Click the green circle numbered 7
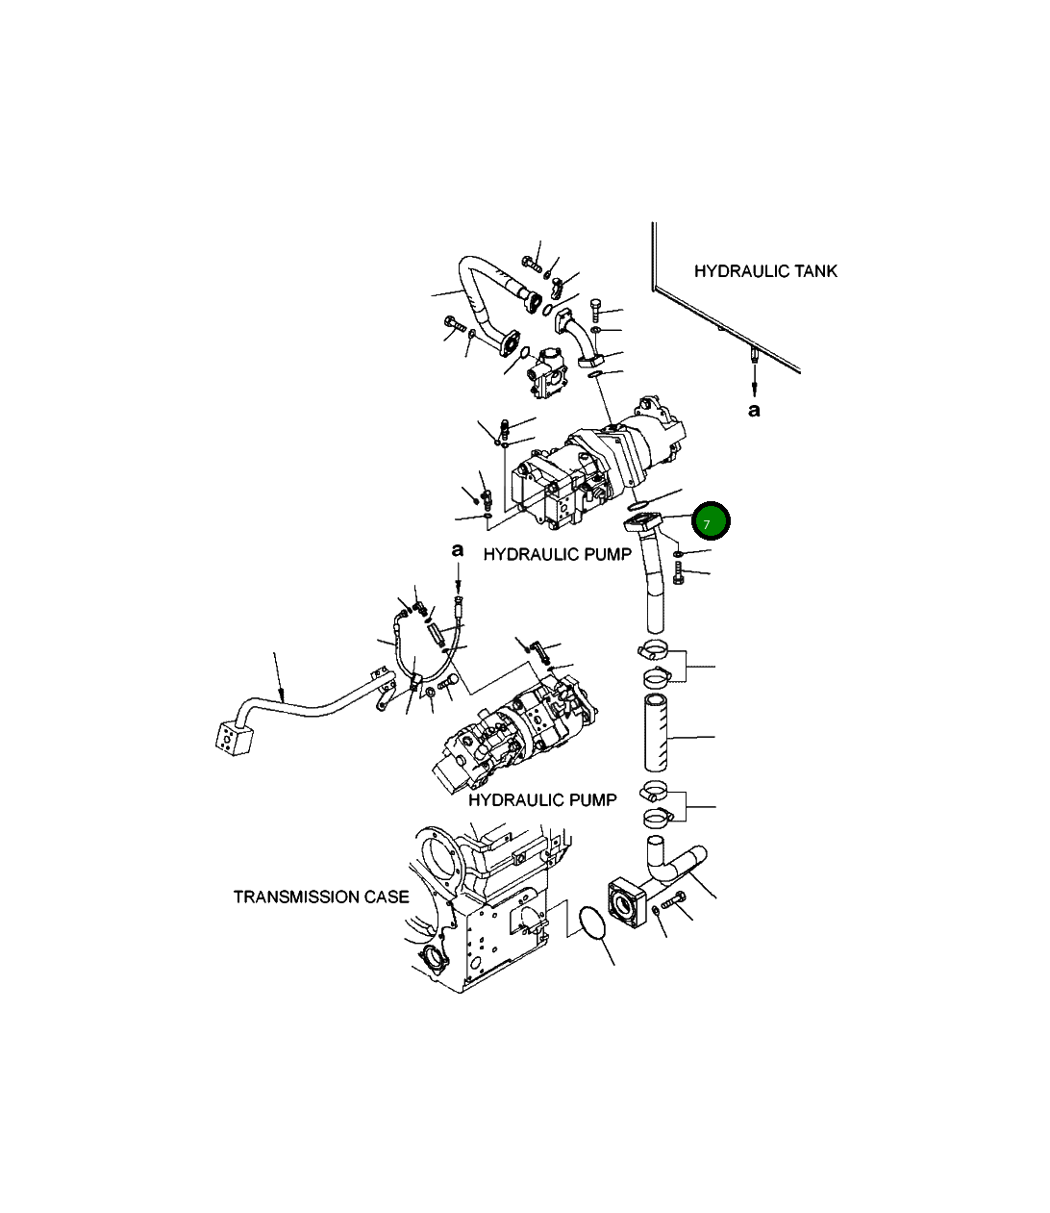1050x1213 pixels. tap(712, 522)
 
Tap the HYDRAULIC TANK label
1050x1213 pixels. tap(765, 271)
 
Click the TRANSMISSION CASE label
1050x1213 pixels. tap(321, 897)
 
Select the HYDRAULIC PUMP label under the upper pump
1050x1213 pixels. tap(557, 554)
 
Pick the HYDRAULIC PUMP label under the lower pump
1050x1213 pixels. tap(542, 799)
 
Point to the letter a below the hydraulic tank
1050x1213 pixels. tap(754, 410)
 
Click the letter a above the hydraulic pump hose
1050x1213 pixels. tap(458, 550)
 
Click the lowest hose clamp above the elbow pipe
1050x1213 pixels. tap(658, 819)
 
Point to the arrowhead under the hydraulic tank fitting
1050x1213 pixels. tap(754, 389)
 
